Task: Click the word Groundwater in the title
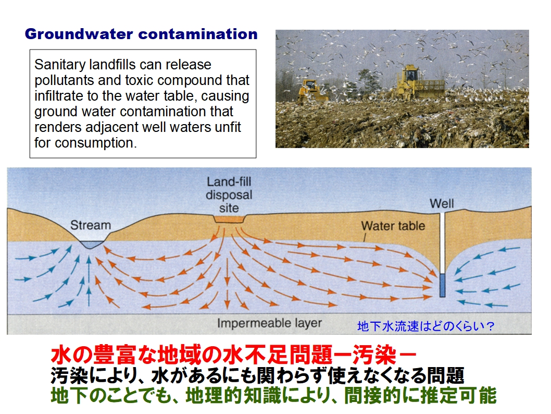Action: click(79, 34)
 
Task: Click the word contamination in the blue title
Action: click(198, 34)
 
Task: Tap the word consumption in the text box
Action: click(95, 143)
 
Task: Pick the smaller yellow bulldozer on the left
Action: click(311, 91)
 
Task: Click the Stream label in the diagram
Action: click(91, 225)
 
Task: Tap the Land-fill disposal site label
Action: click(229, 195)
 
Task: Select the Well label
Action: click(442, 204)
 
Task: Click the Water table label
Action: click(393, 226)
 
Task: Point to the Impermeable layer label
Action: click(270, 323)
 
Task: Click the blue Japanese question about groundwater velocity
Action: click(425, 326)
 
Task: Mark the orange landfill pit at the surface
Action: click(229, 220)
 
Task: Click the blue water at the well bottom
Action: click(443, 285)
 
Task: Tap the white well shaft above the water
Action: click(443, 243)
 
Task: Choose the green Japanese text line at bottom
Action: click(273, 395)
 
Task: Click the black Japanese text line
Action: click(257, 375)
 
